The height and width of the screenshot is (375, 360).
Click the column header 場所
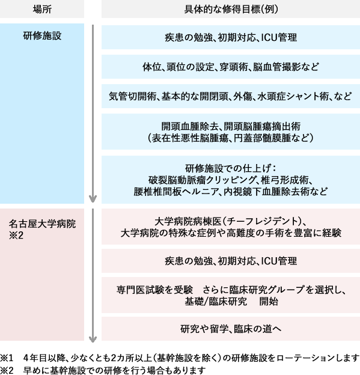42,10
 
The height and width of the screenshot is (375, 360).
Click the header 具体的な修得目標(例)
231,10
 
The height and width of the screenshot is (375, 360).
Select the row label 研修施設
42,36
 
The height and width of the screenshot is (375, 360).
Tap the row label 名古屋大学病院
42,224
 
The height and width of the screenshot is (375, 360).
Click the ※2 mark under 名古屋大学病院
16,236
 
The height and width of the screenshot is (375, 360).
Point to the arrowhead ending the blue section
93,198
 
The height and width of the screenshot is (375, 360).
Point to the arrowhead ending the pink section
93,339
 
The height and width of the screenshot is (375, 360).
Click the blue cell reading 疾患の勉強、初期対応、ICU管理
231,37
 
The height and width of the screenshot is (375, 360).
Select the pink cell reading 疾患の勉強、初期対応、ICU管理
231,261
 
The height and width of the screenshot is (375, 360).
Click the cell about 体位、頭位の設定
231,67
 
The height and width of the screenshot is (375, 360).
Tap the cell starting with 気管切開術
231,96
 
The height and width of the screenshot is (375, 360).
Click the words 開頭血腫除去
189,126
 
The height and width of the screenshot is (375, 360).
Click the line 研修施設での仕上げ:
231,168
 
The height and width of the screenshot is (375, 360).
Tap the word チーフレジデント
261,221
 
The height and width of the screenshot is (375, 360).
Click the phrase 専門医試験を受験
154,290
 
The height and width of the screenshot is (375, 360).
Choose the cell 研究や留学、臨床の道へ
231,329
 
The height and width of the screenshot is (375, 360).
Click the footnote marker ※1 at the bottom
7,358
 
